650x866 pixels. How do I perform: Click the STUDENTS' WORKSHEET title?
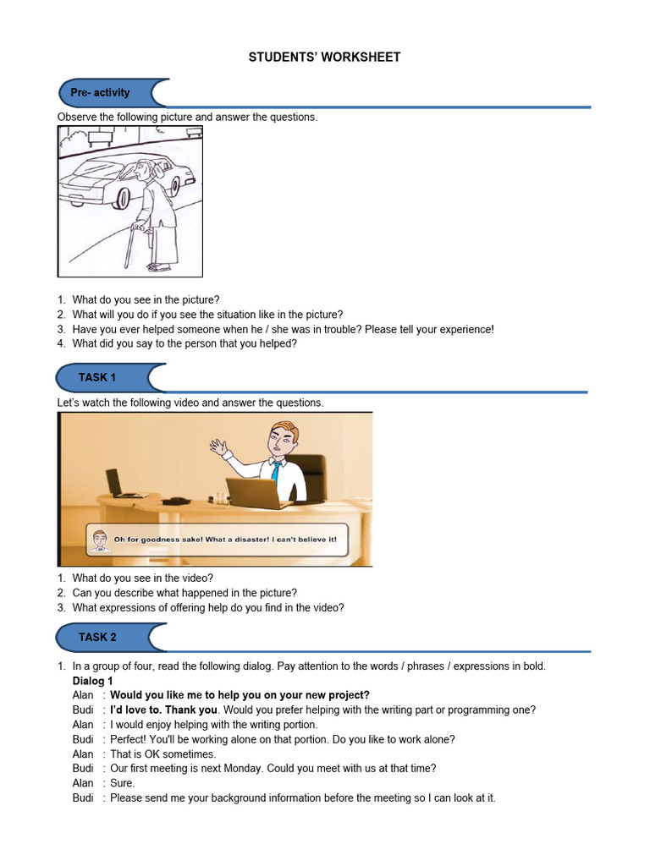click(324, 58)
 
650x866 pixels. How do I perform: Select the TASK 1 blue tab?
click(97, 377)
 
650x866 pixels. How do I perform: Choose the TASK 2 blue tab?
click(97, 637)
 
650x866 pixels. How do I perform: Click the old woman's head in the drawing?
click(147, 170)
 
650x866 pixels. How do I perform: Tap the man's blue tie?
click(276, 470)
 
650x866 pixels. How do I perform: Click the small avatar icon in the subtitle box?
click(100, 540)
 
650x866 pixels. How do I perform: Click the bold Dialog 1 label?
click(92, 681)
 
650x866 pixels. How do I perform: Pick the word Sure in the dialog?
click(122, 783)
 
